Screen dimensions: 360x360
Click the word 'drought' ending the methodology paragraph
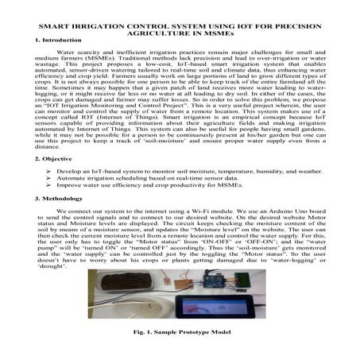tap(55, 262)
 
